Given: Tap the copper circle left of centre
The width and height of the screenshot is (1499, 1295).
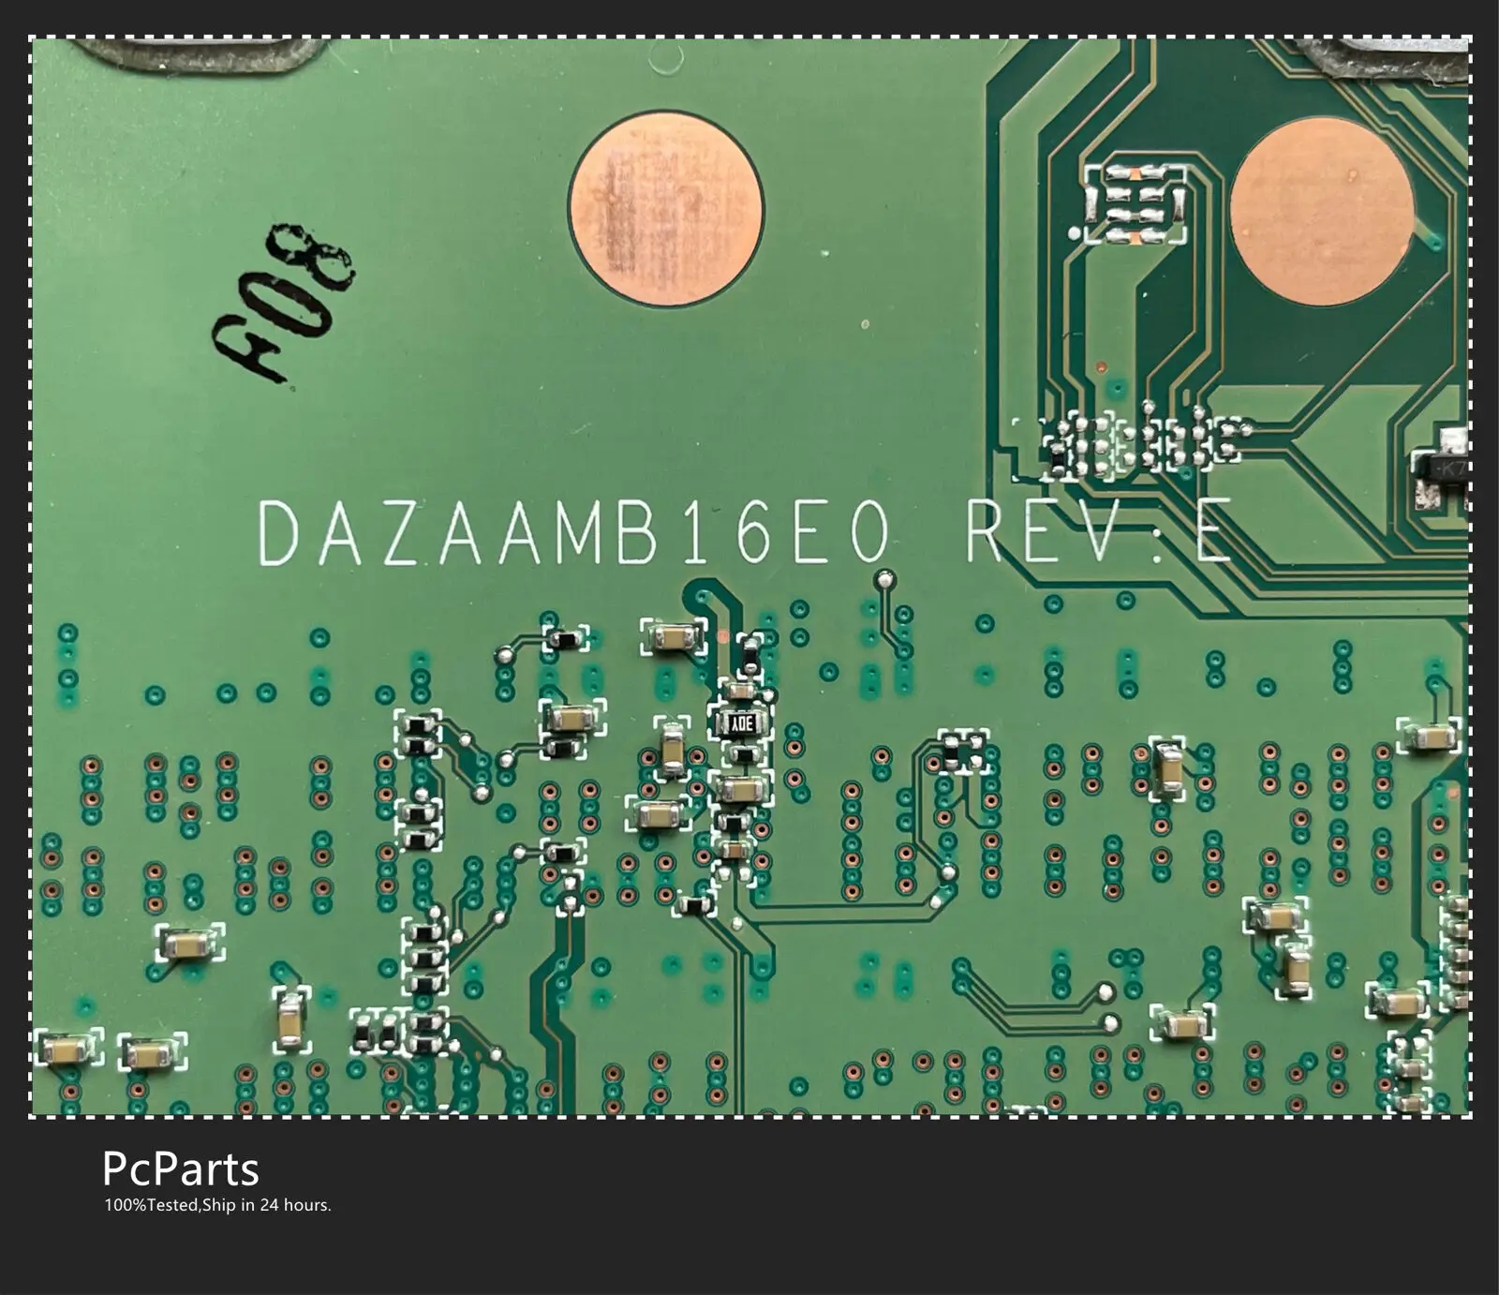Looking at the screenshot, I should [x=666, y=209].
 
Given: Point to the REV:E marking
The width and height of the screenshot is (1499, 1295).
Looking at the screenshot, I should [x=1097, y=533].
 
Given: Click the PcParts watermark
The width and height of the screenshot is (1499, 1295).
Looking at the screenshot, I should [x=180, y=1168].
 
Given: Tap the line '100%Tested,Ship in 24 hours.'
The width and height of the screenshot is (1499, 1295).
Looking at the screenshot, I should [x=217, y=1205].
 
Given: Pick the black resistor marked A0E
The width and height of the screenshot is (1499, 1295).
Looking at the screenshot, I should [x=743, y=722].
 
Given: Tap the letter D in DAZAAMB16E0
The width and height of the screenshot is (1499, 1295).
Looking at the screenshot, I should [x=278, y=533].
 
